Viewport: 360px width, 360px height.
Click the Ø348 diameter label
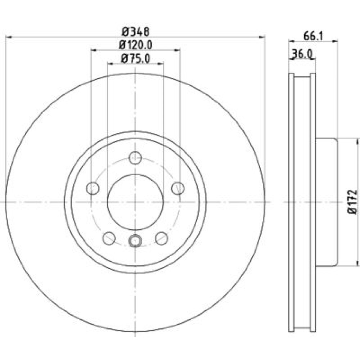136,31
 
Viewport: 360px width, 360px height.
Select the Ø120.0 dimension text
136,45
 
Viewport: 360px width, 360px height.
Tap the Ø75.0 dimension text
136,58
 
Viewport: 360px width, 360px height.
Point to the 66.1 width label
313,36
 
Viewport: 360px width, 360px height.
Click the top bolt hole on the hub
135,158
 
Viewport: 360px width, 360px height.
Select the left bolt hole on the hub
93,188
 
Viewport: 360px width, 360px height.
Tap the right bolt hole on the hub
178,188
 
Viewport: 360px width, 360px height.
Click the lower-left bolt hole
109,238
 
